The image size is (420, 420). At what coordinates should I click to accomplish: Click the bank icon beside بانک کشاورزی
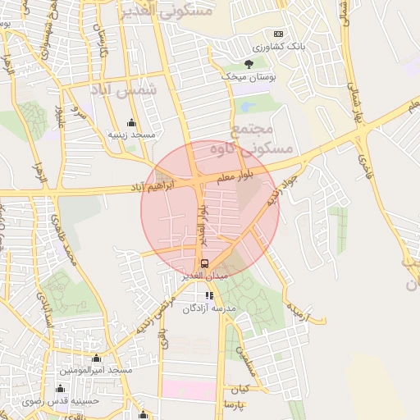[278, 34]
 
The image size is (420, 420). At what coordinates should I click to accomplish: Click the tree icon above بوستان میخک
[249, 63]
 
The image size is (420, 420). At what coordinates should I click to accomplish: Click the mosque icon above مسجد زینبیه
[130, 122]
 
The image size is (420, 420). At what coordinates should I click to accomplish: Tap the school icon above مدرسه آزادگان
[209, 295]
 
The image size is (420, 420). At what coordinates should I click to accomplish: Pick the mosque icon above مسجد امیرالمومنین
[97, 358]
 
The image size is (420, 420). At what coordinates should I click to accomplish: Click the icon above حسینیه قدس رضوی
[59, 388]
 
